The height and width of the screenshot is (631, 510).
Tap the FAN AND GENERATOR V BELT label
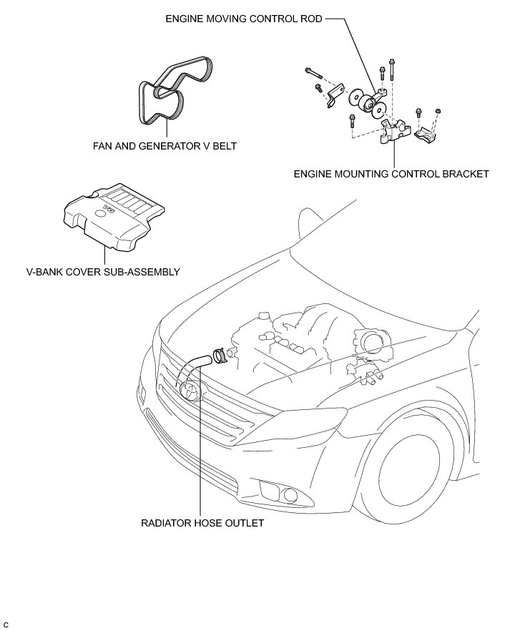165,145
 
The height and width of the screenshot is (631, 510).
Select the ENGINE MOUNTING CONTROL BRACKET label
391,173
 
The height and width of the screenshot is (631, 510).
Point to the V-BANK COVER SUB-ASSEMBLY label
102,272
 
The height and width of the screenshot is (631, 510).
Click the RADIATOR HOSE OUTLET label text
202,523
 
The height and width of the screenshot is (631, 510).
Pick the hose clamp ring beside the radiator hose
220,354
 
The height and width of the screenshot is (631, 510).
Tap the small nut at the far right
438,111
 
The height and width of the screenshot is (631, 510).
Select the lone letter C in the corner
6,625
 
